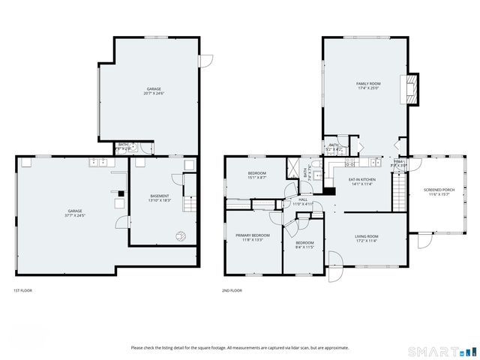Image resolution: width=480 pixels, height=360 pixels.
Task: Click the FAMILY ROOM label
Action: click(x=367, y=83)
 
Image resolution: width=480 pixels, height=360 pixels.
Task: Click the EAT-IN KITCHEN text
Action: click(x=361, y=179)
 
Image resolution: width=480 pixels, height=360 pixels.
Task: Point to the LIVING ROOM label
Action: click(x=367, y=236)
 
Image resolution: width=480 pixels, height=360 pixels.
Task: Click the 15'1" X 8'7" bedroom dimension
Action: click(x=256, y=178)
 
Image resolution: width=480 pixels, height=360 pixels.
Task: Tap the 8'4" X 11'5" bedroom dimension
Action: click(x=304, y=247)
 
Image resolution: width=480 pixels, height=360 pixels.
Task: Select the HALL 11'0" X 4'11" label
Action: click(x=303, y=201)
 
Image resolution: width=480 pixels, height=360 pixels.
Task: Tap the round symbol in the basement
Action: click(x=180, y=235)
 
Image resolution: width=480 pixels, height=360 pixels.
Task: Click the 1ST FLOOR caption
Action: click(x=22, y=290)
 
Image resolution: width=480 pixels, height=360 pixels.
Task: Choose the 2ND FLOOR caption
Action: click(x=232, y=290)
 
